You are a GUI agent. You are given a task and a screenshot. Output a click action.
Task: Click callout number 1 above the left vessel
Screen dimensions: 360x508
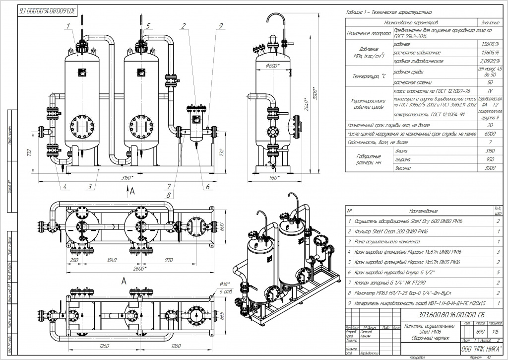click(79, 24)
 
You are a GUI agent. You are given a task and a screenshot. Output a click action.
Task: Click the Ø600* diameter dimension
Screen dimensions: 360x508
click(273, 66)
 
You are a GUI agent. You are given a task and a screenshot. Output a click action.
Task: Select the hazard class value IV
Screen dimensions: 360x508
click(490, 91)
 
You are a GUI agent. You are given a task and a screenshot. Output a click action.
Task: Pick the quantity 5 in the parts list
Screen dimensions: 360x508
click(497, 272)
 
